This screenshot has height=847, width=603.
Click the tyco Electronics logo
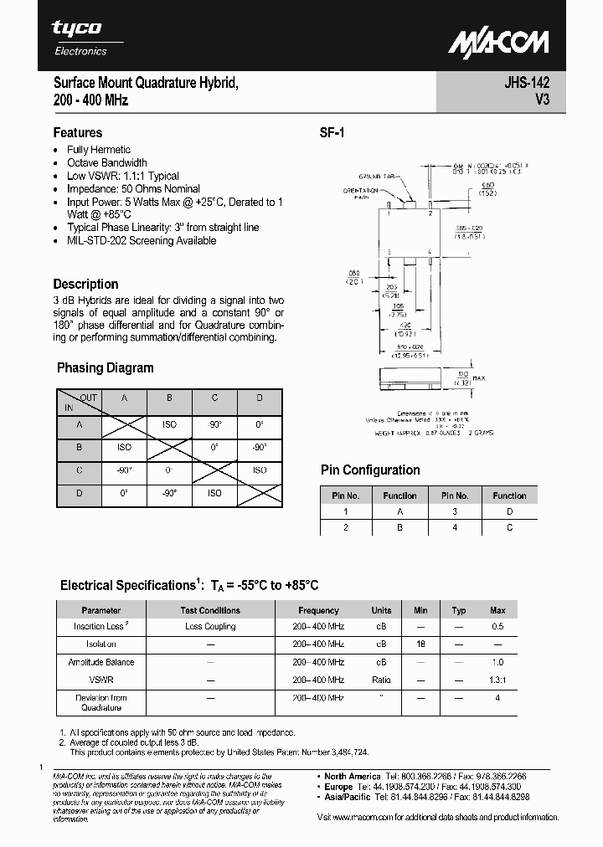click(80, 37)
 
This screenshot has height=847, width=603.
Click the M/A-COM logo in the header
click(497, 43)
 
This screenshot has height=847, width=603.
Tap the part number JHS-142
click(527, 84)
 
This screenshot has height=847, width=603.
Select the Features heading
click(78, 132)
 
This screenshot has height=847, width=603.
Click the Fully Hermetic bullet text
click(99, 150)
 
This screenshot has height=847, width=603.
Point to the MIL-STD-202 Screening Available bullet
click(142, 240)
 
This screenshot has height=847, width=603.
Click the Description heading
click(85, 284)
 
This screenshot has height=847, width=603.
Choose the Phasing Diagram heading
click(105, 367)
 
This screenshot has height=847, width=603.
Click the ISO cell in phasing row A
click(169, 424)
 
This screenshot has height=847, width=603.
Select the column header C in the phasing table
click(214, 398)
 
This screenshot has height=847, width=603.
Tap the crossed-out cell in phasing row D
click(260, 494)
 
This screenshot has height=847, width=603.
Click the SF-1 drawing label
click(332, 132)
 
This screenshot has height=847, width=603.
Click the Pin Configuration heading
click(370, 470)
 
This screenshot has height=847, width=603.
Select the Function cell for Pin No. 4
click(509, 527)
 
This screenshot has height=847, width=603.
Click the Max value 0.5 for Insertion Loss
click(497, 626)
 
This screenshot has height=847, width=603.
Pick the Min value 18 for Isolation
click(420, 644)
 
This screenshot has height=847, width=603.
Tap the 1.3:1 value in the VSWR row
click(497, 680)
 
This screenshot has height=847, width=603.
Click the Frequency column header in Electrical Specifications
click(318, 610)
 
